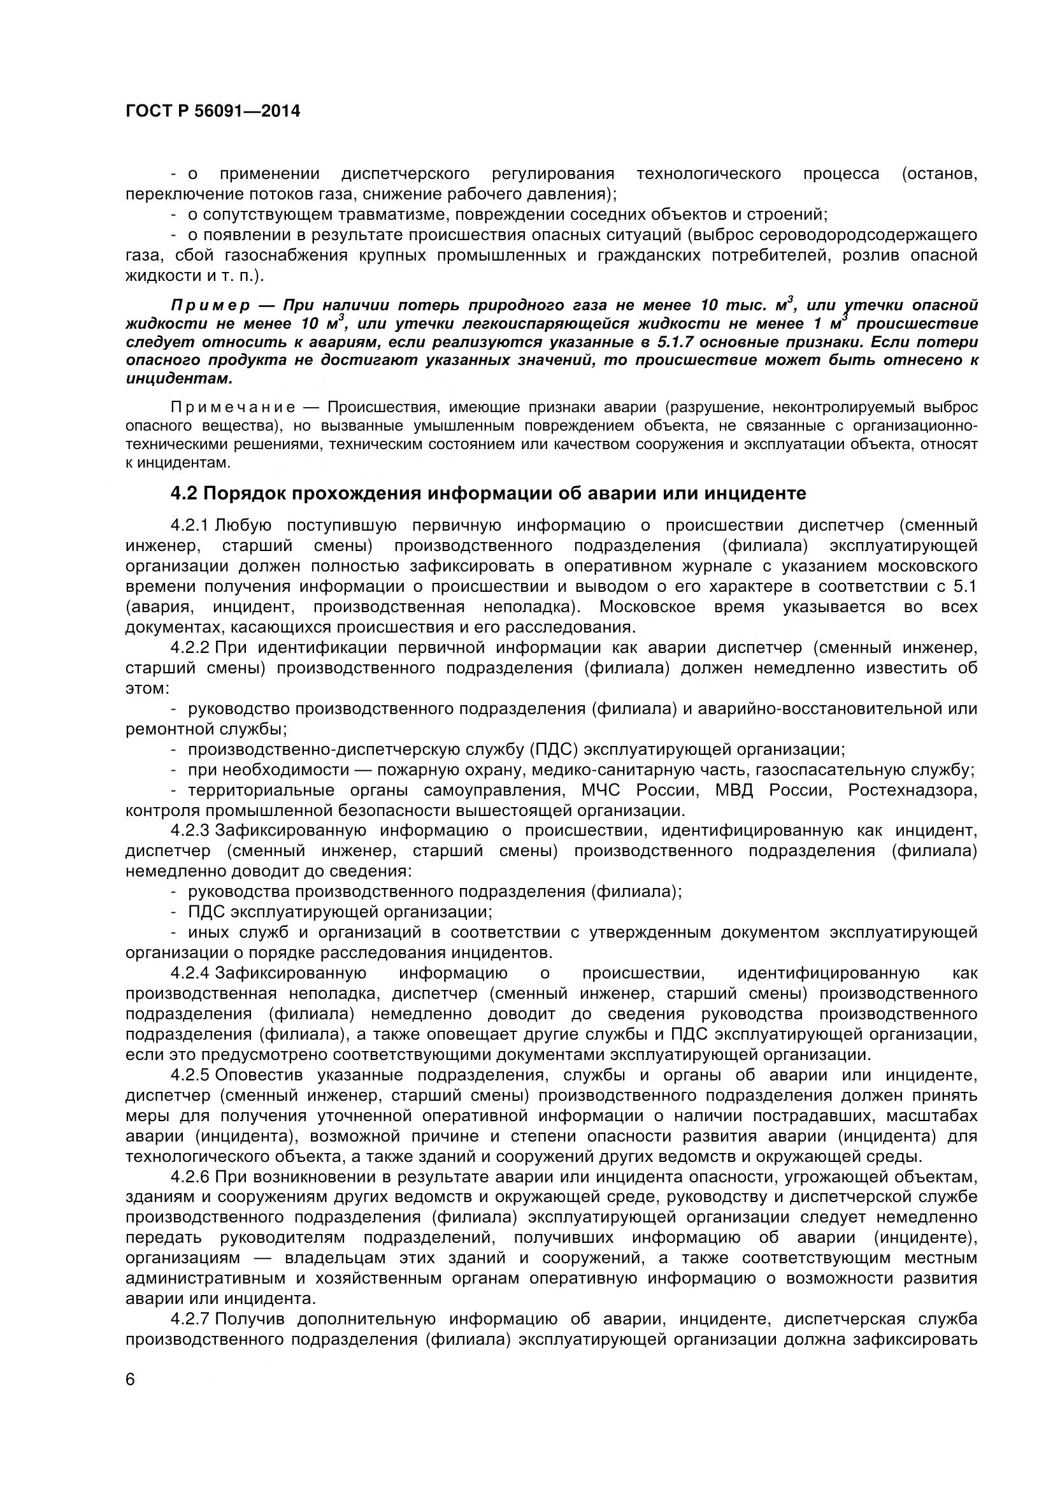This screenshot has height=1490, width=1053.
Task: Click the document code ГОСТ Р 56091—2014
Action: pyautogui.click(x=212, y=111)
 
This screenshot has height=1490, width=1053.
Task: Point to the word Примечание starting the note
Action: pyautogui.click(x=233, y=408)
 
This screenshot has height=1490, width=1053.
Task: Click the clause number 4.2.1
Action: pyautogui.click(x=190, y=525)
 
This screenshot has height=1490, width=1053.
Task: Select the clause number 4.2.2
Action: pyautogui.click(x=190, y=648)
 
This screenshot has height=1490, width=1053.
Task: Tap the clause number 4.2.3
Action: pyautogui.click(x=190, y=831)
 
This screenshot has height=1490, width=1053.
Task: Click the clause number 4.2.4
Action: pyautogui.click(x=190, y=973)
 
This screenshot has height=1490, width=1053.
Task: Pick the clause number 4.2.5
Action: pyautogui.click(x=190, y=1075)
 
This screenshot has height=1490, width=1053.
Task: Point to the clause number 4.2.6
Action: pyautogui.click(x=190, y=1177)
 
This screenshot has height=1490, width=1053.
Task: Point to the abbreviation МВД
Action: pyautogui.click(x=734, y=791)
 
